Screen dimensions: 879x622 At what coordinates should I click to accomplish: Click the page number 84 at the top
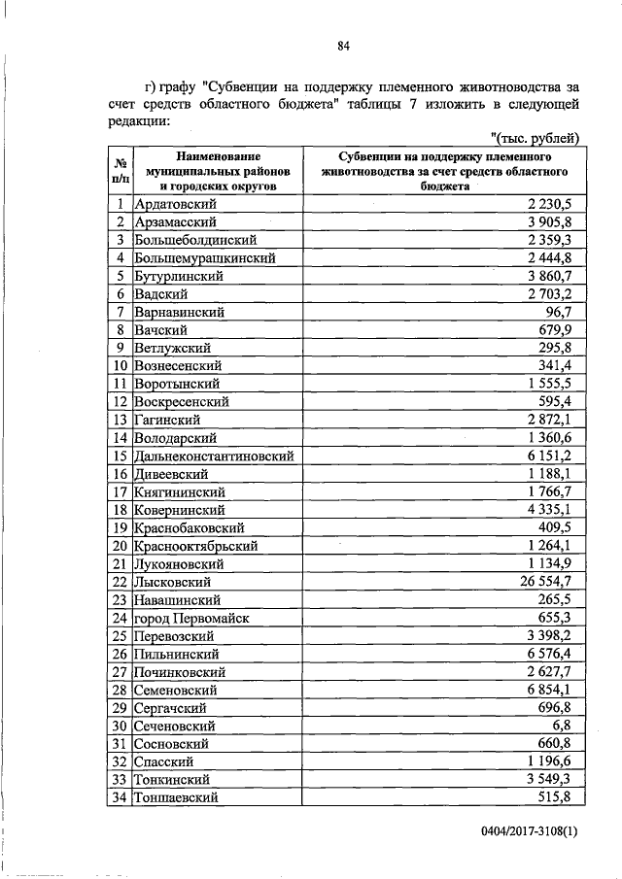click(x=343, y=46)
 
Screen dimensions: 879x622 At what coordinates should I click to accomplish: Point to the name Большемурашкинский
click(x=206, y=258)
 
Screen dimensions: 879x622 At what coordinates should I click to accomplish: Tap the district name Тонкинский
click(x=174, y=779)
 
